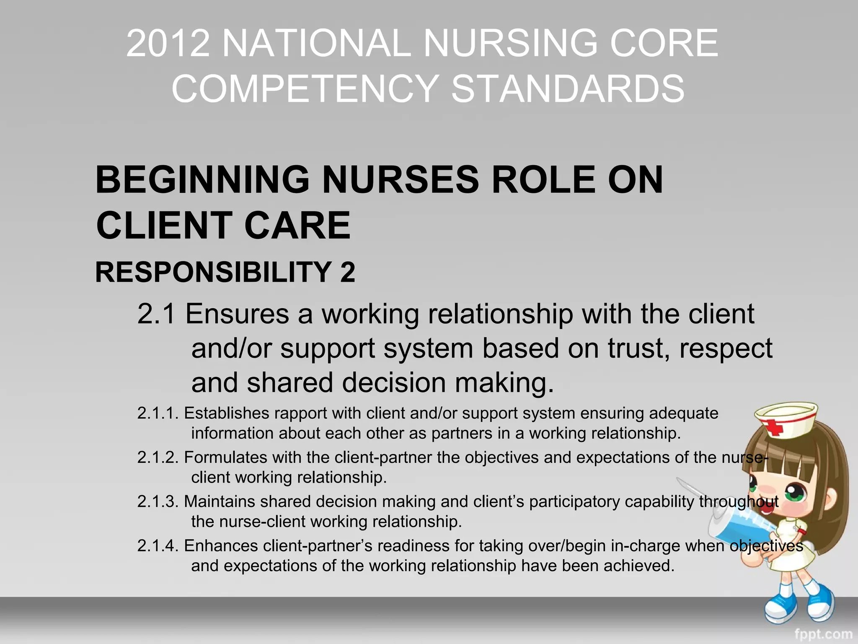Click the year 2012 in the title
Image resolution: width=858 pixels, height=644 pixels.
168,43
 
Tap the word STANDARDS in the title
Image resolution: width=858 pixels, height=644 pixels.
568,88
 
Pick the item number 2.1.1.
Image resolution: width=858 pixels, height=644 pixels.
158,413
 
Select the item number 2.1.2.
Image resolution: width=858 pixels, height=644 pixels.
158,457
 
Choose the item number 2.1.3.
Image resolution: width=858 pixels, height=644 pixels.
158,501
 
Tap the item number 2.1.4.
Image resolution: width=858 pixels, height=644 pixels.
158,546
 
